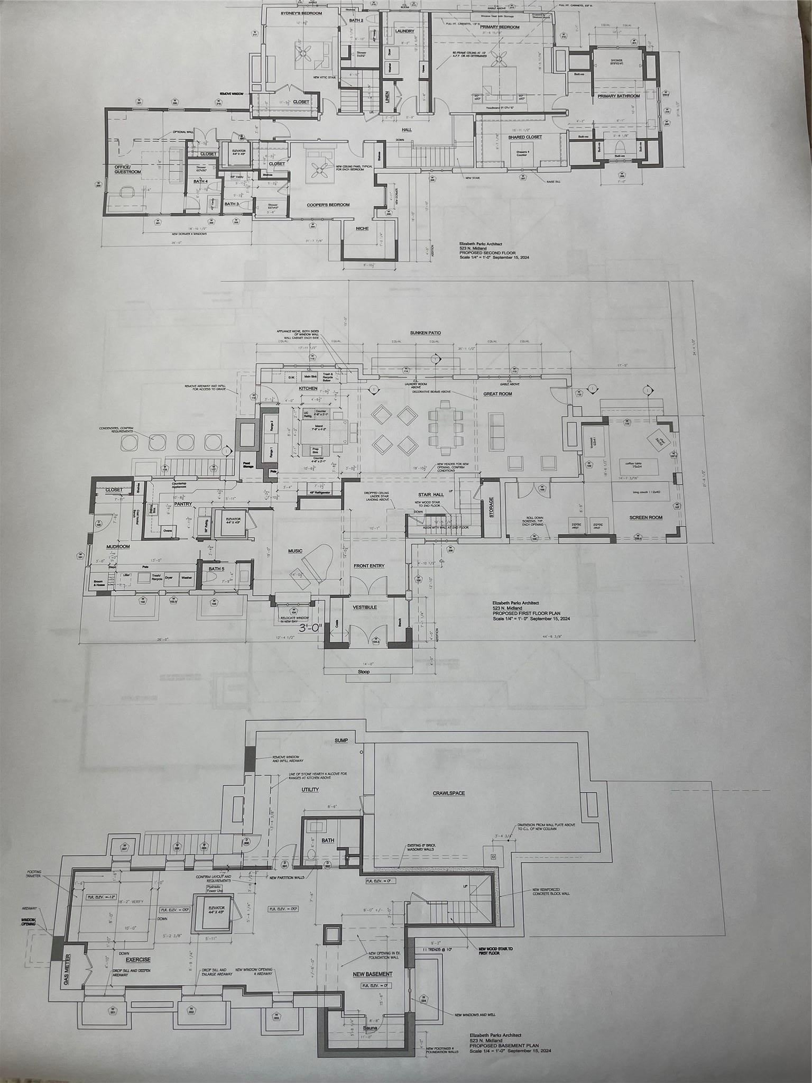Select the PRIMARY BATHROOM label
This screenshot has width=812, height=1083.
tap(619, 96)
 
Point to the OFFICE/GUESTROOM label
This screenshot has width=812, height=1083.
tap(128, 169)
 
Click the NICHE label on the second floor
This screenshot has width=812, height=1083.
tap(362, 228)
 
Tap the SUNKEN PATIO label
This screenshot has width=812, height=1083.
tap(425, 333)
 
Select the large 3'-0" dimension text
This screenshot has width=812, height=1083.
tap(310, 628)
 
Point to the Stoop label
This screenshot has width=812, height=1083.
tap(364, 672)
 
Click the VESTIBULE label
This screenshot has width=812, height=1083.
tap(365, 608)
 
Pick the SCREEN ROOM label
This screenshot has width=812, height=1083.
tap(646, 517)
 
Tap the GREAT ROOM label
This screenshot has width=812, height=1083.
tap(497, 394)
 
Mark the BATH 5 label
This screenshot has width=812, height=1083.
tap(216, 569)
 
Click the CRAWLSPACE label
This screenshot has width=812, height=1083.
tap(449, 793)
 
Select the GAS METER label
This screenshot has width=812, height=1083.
tap(67, 970)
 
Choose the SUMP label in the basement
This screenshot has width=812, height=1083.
tap(341, 740)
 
